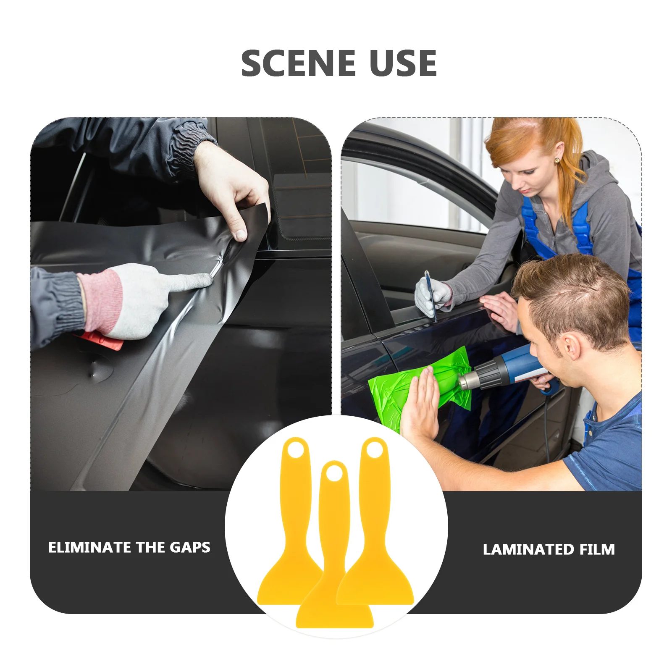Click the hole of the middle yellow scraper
(x=334, y=474)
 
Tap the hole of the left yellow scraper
(x=296, y=450)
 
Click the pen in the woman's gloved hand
(x=430, y=294)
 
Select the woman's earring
(x=557, y=160)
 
